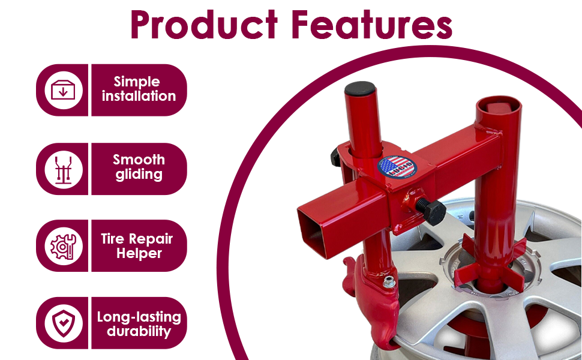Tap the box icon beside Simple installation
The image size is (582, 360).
point(63,90)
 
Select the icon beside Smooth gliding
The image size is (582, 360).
point(63,169)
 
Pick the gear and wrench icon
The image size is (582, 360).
point(63,246)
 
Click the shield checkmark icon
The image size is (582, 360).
point(63,323)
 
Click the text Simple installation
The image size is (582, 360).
point(139,89)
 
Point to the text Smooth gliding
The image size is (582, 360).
point(139,167)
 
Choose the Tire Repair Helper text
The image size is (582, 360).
point(136,246)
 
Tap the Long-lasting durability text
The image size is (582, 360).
point(139,323)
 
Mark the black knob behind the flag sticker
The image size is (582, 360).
point(334,158)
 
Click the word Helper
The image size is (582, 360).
point(139,254)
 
